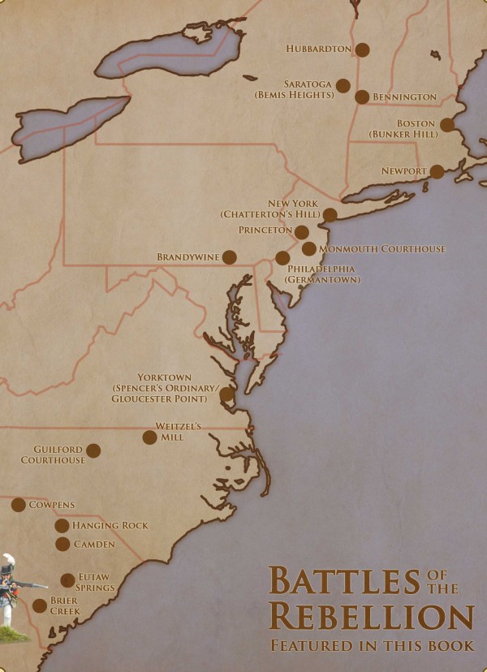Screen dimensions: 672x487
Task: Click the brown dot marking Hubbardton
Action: (x=363, y=50)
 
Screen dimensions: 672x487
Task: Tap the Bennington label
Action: (x=404, y=97)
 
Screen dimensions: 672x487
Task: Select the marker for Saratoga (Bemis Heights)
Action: (x=343, y=85)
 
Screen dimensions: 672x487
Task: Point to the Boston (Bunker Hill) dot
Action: (x=446, y=125)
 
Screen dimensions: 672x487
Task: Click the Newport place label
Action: (x=403, y=172)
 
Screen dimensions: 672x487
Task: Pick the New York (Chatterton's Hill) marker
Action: (x=330, y=215)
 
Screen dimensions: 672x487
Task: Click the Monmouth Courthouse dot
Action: (x=309, y=248)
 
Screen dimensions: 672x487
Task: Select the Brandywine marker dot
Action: (x=230, y=257)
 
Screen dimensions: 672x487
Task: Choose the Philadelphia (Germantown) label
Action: (x=322, y=274)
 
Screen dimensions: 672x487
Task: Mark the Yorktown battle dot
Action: (x=227, y=394)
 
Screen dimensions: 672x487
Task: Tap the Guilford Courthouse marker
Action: (x=93, y=450)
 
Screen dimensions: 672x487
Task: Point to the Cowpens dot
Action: (x=19, y=505)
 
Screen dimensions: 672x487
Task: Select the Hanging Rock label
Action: (x=110, y=526)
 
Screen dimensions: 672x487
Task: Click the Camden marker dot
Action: (x=62, y=544)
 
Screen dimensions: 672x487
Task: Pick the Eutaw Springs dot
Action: (x=67, y=580)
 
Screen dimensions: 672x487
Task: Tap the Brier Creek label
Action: (x=64, y=605)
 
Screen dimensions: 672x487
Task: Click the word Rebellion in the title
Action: (x=371, y=616)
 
